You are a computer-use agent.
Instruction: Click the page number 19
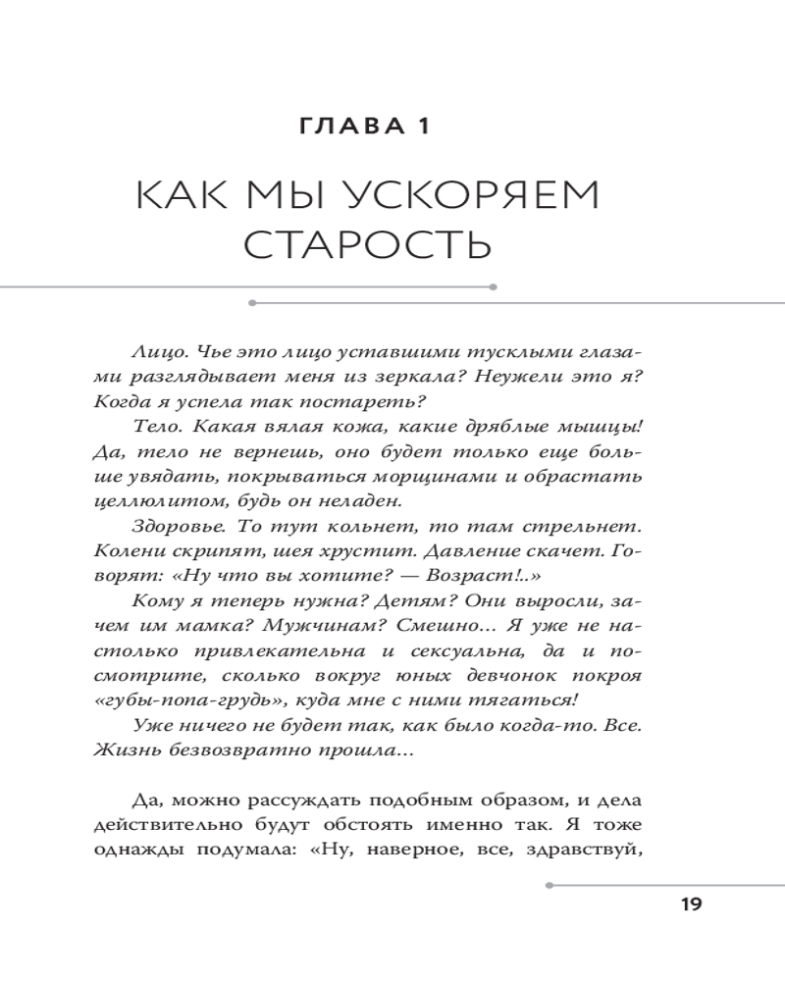(691, 904)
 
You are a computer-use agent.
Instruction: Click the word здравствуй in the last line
(593, 850)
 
